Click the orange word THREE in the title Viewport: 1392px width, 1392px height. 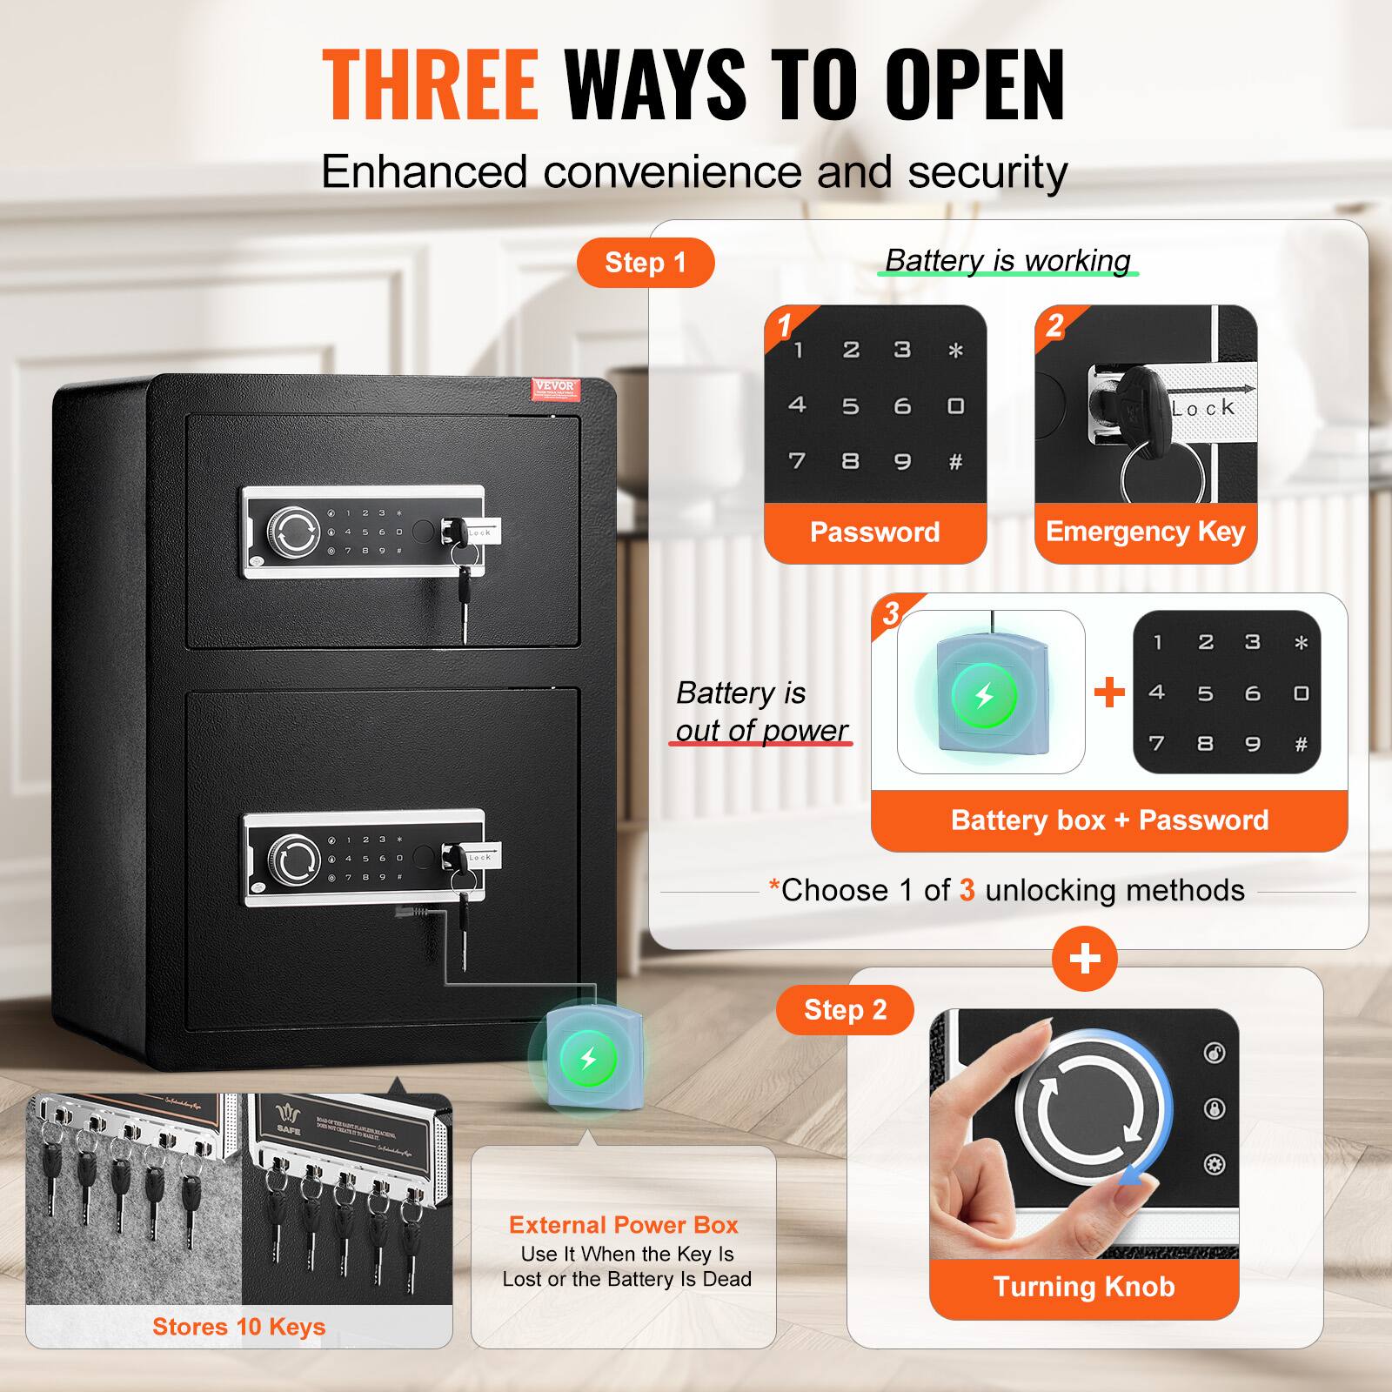(431, 84)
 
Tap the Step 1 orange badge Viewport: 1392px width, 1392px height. (646, 262)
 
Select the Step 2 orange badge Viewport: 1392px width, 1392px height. (844, 1009)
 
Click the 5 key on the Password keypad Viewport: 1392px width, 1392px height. (850, 406)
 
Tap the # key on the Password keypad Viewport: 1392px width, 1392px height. (955, 462)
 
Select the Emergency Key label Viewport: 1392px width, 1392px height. (1145, 532)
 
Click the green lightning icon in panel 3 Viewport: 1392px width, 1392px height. (984, 696)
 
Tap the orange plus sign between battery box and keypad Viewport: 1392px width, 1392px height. (1109, 693)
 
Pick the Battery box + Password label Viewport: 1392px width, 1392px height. (1109, 820)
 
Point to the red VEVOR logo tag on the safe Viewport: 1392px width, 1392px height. (554, 388)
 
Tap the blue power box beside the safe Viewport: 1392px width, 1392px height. (588, 1059)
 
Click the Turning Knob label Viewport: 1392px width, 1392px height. (1084, 1286)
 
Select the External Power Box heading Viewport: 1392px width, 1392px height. (623, 1225)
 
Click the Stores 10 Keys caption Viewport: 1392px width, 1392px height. (238, 1326)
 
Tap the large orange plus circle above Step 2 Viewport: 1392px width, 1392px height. (1085, 959)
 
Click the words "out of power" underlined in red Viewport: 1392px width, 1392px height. (761, 730)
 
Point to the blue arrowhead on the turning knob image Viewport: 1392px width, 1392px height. (1129, 1175)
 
